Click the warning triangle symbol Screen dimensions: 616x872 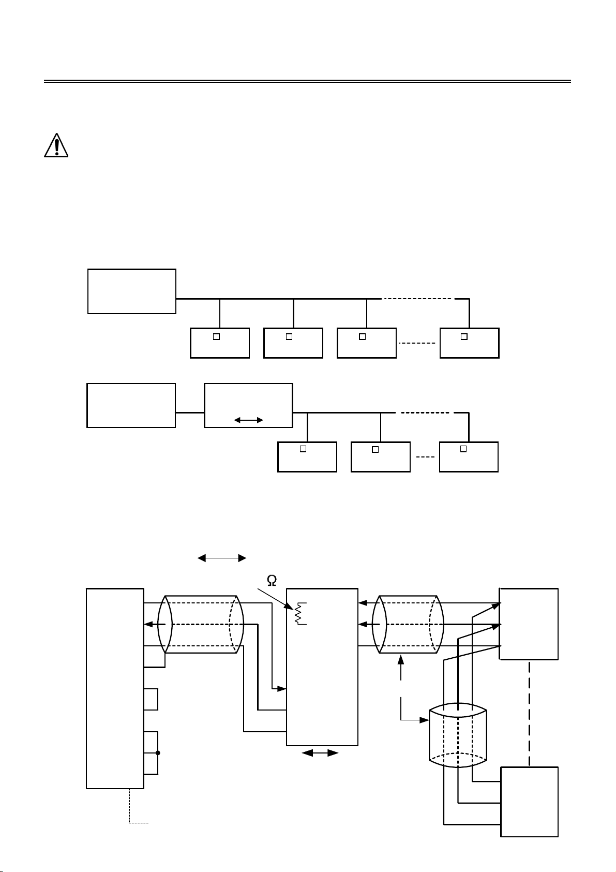[56, 145]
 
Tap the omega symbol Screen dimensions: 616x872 [272, 581]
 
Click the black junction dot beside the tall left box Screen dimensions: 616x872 [158, 753]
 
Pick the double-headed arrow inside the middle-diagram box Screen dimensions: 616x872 [249, 420]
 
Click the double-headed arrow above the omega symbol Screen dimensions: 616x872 [222, 558]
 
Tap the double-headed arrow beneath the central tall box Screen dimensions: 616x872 [320, 753]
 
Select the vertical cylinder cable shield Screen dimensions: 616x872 [458, 735]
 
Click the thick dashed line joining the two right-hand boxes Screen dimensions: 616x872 [529, 713]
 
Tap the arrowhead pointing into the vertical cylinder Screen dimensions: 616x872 [424, 720]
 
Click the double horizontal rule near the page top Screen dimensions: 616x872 [307, 81]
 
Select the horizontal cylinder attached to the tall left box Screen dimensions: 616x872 [201, 624]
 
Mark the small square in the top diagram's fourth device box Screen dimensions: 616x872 [464, 337]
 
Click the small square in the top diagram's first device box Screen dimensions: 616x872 [216, 337]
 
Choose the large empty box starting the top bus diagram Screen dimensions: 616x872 [132, 291]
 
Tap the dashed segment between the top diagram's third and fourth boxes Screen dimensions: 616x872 [417, 343]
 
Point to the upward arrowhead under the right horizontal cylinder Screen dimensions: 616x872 [401, 659]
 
